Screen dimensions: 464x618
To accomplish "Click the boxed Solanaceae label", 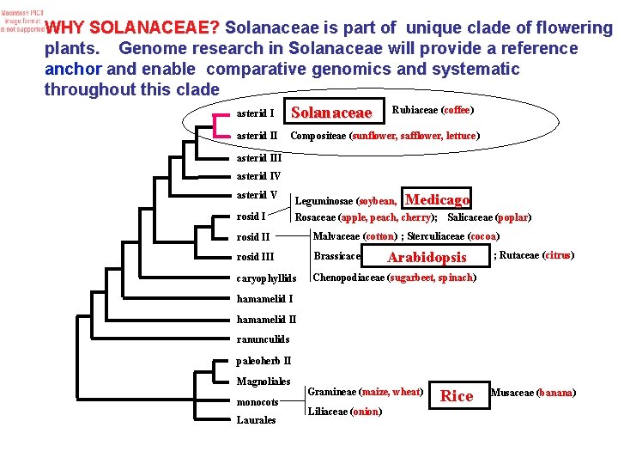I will [332, 113].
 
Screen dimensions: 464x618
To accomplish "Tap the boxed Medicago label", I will [437, 199].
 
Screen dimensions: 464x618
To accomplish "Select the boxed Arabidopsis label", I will [427, 257].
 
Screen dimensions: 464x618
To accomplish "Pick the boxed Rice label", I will [457, 395].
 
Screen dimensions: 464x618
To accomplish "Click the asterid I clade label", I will [255, 113].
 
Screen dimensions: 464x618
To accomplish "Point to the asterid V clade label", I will [257, 195].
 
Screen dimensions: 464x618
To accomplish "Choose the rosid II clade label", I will [253, 237].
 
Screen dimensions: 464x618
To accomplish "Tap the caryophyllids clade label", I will [266, 278].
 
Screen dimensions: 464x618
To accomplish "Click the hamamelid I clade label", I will [264, 299].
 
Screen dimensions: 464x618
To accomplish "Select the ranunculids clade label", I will [263, 339].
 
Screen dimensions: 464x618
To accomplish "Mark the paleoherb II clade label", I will [264, 361].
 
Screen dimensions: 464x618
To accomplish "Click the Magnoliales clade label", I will [264, 382].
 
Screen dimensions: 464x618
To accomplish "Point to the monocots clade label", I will [257, 402].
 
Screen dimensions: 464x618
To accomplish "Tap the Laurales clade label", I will [256, 420].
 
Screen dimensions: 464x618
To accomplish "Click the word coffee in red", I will [457, 110].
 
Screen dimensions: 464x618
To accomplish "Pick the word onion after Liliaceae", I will [366, 412].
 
